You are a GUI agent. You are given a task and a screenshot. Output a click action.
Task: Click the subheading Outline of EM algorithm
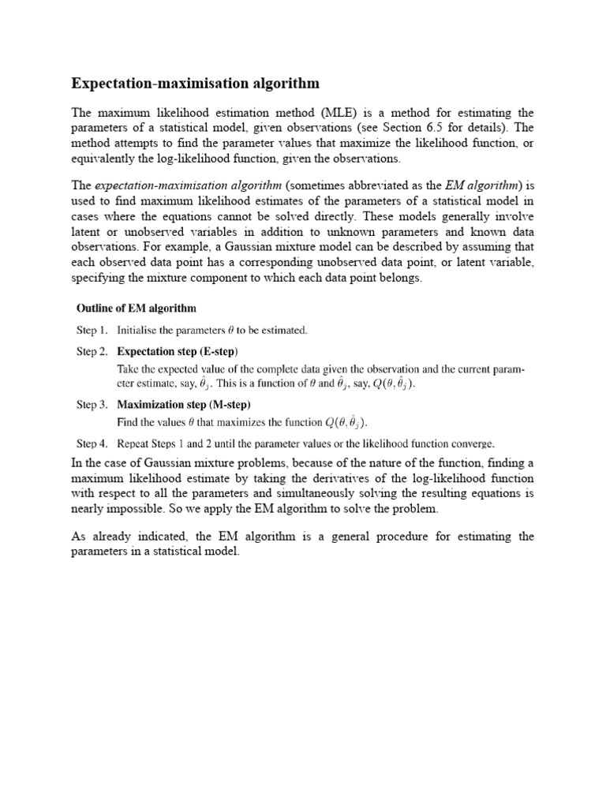point(136,307)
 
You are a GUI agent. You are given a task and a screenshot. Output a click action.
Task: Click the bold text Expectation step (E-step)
point(178,351)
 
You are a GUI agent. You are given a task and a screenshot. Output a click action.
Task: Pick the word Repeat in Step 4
point(135,443)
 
